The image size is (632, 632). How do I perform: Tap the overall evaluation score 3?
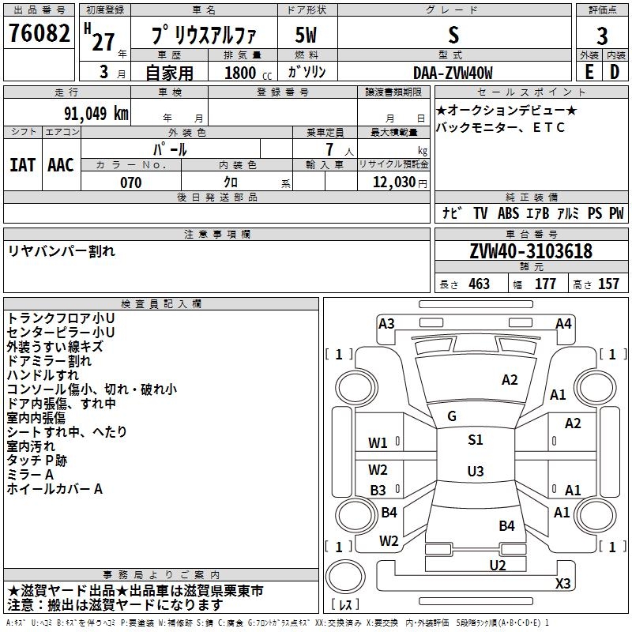602,36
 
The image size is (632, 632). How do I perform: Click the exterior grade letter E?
589,71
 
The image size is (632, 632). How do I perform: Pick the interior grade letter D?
615,71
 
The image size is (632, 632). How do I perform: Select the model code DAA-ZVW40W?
453,72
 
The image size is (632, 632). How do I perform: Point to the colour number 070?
130,182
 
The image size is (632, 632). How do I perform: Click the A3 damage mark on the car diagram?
386,323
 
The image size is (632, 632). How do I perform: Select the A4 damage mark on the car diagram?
563,323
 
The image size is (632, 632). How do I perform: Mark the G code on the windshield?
451,416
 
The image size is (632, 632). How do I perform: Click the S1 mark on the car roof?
475,440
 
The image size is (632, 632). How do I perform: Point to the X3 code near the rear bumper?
562,584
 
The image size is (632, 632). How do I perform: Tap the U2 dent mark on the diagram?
497,565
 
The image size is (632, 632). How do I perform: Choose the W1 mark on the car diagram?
378,443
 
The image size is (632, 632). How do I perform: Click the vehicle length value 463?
479,284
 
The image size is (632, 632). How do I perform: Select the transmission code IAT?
22,164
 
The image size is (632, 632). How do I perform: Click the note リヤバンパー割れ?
62,250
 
